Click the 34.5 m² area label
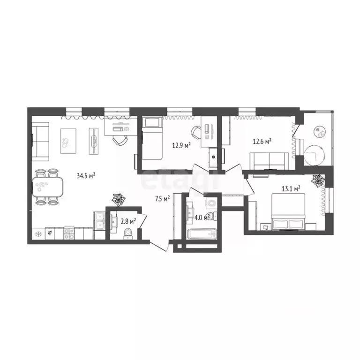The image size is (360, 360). click(86, 176)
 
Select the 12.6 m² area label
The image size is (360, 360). click(262, 140)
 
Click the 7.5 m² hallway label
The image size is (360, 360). click(162, 198)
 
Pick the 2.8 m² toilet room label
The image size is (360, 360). click(127, 220)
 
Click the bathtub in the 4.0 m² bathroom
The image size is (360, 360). click(201, 234)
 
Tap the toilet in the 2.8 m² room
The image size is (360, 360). click(127, 233)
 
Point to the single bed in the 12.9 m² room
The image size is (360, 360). click(151, 139)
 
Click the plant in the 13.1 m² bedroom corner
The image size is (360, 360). click(317, 180)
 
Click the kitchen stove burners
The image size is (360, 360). click(69, 233)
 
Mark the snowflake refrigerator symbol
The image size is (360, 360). click(38, 233)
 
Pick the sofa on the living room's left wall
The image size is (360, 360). click(40, 140)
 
